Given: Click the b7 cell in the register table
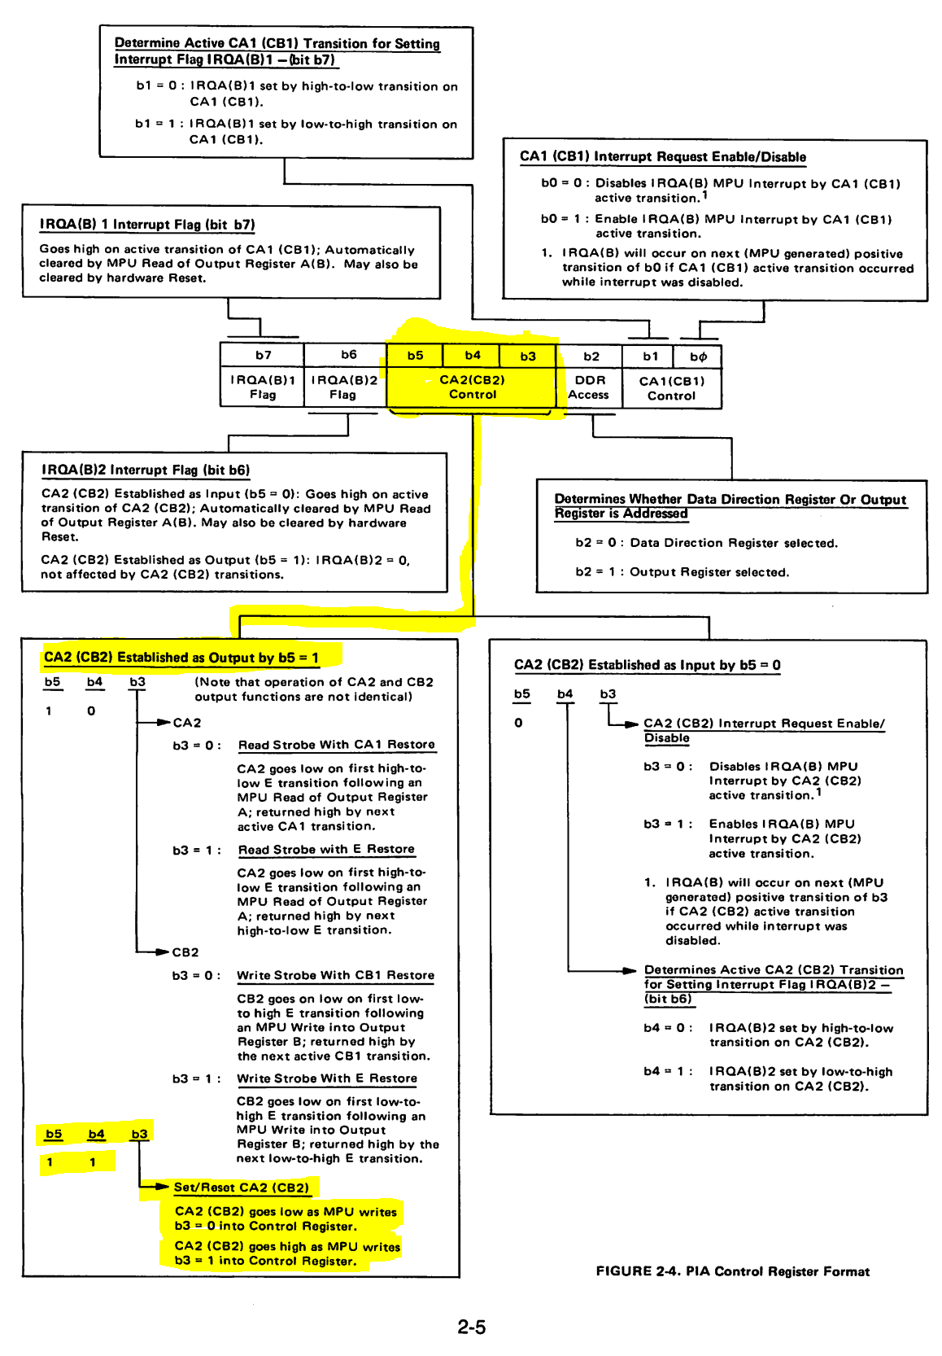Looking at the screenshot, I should pos(263,355).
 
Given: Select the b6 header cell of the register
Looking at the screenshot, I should pos(348,355).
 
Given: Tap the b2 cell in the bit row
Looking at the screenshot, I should pos(591,356).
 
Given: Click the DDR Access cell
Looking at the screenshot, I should pos(589,387).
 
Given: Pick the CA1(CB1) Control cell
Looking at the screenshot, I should pos(671,388).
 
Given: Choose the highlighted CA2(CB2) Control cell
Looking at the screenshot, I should pos(472,387).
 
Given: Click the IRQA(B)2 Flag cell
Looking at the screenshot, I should pos(343,387).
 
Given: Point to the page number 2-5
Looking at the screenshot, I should pos(471,1327).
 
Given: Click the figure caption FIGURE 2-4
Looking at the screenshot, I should pos(732,1271).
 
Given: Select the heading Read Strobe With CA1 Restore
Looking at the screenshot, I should pos(336,745).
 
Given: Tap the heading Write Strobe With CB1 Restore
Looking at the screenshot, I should pos(335,975).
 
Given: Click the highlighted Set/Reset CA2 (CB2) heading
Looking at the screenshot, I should pos(242,1188).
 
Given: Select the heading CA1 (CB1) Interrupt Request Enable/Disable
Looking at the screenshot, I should pos(663,157).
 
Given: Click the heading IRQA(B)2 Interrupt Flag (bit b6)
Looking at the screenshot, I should pos(146,470).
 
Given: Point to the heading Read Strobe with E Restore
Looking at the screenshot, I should pos(326,849).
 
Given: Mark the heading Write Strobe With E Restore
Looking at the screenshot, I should pos(327,1078).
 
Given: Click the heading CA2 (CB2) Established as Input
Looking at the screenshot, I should pos(647,665).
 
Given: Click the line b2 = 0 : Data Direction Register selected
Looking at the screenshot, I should pos(706,543).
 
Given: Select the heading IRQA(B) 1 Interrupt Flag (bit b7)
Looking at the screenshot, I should pos(147,225).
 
